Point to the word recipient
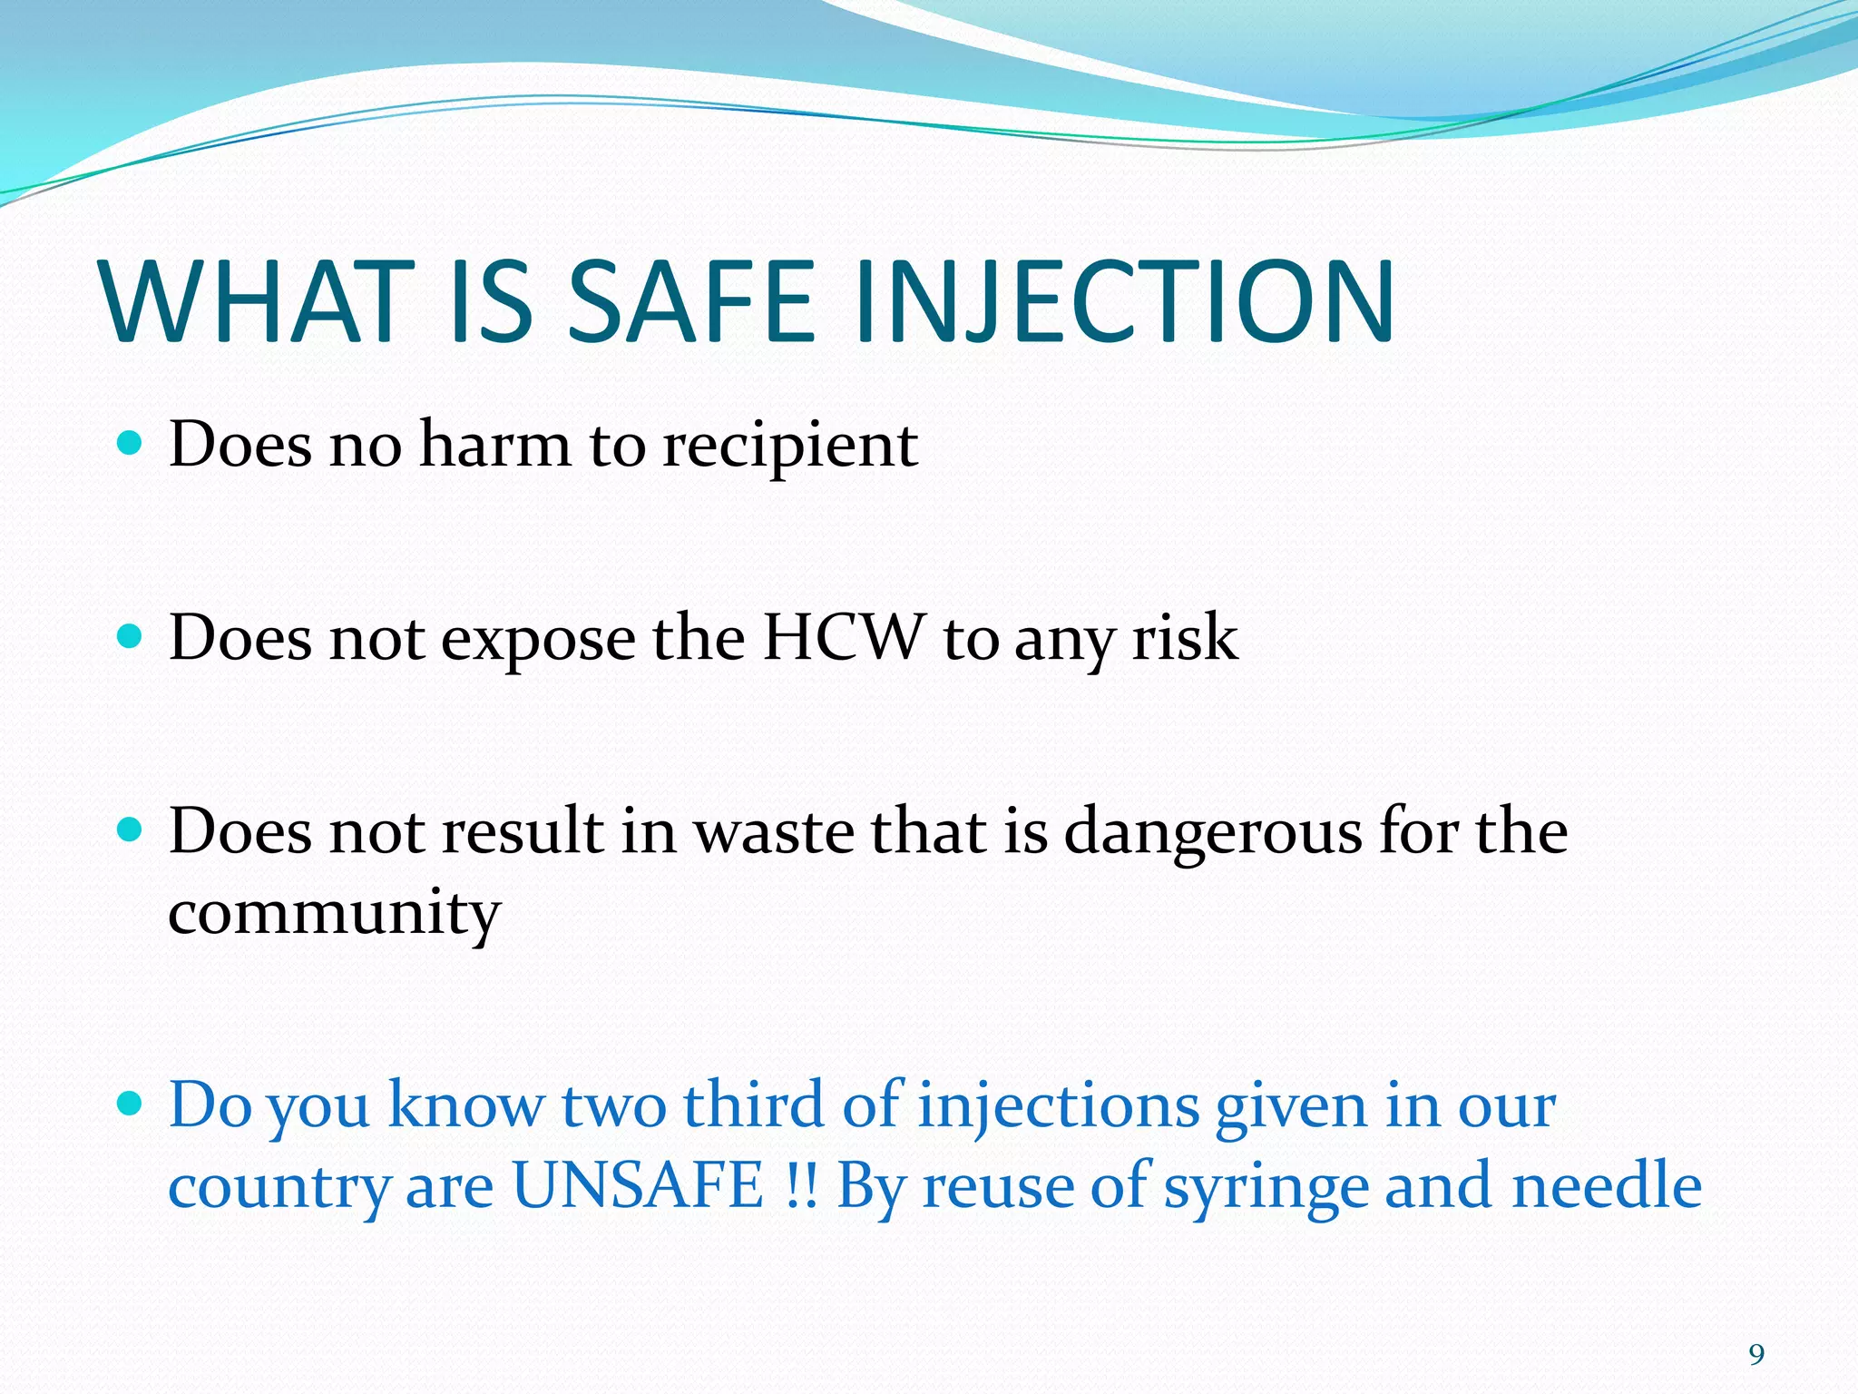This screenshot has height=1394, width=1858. coord(789,447)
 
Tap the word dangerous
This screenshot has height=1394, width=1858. coord(1212,831)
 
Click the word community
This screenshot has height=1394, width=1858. coord(334,913)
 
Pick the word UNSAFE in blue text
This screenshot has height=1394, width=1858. coord(638,1185)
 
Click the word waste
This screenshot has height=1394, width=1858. coord(774,831)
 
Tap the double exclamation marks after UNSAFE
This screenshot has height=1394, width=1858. coord(798,1185)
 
